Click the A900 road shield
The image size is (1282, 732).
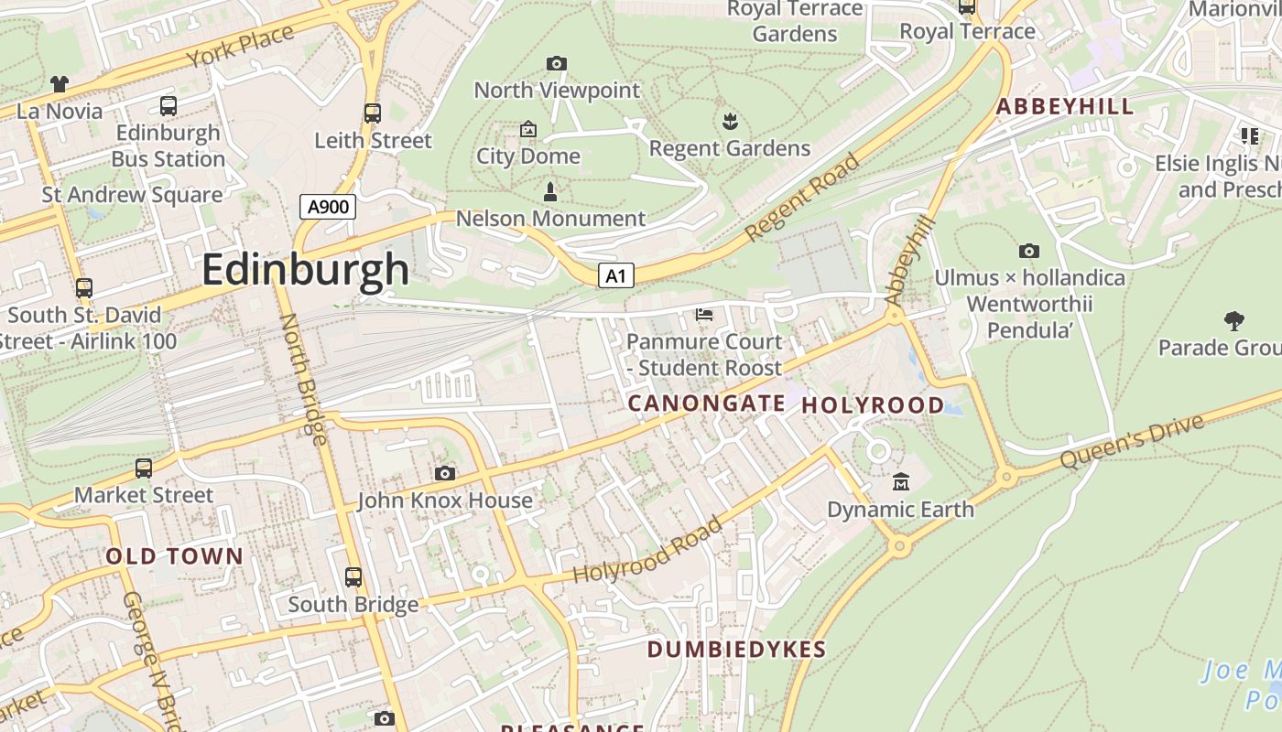point(328,207)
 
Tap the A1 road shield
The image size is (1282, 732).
point(616,274)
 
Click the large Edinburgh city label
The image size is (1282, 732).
point(305,270)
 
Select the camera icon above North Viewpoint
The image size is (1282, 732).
point(556,63)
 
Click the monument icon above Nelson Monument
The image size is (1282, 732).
point(549,192)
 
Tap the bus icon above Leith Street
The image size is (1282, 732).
point(372,113)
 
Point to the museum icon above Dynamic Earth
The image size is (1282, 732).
point(901,481)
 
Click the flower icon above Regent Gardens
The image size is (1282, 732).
point(730,121)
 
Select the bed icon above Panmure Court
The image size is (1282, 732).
point(704,315)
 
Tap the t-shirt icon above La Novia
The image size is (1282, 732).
point(60,84)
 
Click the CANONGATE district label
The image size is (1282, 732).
point(706,404)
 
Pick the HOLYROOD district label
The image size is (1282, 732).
point(873,405)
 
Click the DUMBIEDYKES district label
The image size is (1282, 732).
point(736,650)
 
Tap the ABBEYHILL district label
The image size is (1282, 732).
point(1065,106)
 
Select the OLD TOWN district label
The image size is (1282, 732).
point(174,556)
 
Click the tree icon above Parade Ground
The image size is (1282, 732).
point(1233,320)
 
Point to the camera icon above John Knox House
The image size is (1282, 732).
point(445,473)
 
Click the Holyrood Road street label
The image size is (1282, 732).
point(646,551)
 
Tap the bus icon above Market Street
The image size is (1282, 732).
point(144,468)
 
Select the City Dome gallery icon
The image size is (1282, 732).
point(527,129)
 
